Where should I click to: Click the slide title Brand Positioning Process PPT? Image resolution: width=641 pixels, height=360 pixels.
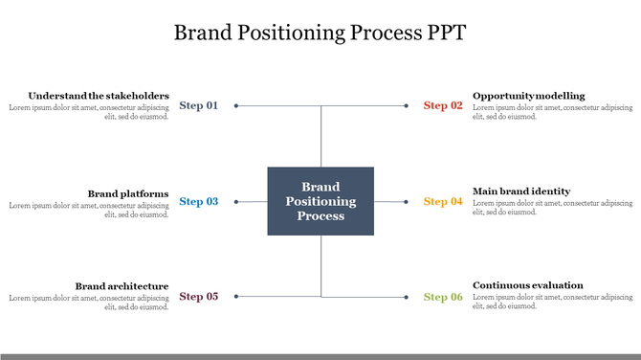tap(320, 33)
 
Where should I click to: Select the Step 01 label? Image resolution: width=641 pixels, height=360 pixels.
tap(199, 105)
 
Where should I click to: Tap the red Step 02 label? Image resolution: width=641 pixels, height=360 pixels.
tap(443, 105)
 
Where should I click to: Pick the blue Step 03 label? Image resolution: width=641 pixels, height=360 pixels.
tap(199, 201)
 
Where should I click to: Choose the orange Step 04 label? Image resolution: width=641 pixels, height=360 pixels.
tap(443, 201)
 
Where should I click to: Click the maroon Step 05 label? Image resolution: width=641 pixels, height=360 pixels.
tap(199, 297)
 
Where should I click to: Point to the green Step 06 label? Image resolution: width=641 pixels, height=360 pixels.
tap(443, 297)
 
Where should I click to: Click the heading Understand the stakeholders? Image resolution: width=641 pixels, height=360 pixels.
tap(99, 96)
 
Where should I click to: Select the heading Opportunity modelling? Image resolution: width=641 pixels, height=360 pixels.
tap(528, 96)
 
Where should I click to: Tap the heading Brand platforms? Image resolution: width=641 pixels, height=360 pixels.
tap(128, 192)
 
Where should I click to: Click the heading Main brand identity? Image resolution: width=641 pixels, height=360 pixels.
tap(521, 191)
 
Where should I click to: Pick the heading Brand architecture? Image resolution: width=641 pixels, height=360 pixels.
tap(122, 286)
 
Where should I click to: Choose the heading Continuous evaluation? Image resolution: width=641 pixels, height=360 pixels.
tap(528, 285)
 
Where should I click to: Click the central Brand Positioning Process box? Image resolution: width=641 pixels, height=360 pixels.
tap(320, 201)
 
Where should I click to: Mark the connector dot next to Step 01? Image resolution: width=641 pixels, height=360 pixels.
tap(235, 105)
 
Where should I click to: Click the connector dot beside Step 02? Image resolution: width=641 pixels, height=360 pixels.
tap(408, 105)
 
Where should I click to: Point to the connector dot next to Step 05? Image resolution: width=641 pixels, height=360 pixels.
tap(235, 297)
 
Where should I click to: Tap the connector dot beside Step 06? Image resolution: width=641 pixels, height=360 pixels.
tap(408, 297)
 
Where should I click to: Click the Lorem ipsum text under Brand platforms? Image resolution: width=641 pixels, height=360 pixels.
tap(89, 210)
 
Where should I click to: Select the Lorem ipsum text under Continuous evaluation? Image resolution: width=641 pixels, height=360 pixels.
tap(553, 303)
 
